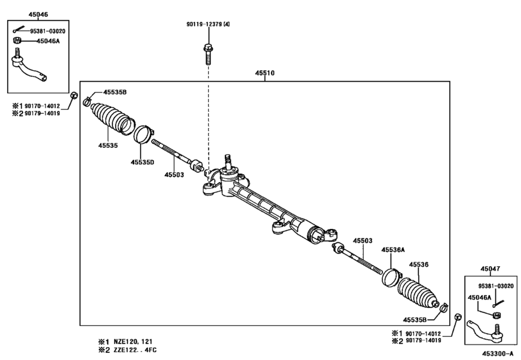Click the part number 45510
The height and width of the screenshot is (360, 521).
click(265, 73)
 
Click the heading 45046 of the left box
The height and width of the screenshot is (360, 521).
click(20, 14)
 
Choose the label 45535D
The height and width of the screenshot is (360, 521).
click(142, 163)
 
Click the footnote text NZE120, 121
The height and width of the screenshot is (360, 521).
click(135, 341)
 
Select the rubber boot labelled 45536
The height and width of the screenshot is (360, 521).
click(418, 292)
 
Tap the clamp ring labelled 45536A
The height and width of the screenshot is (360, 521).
click(391, 277)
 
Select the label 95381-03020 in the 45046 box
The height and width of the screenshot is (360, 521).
click(48, 30)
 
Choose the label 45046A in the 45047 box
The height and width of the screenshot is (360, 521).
click(479, 297)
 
